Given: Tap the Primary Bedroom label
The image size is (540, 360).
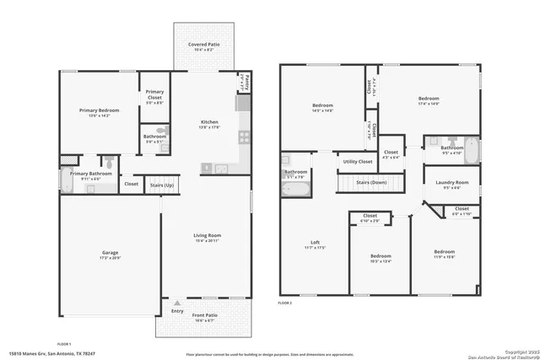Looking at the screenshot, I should [100, 110].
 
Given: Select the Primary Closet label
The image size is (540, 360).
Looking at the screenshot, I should [154, 94].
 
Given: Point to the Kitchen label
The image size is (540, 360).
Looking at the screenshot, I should [208, 122].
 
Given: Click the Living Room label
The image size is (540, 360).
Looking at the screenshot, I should [207, 235].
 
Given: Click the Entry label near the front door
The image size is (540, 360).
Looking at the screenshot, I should [177, 310].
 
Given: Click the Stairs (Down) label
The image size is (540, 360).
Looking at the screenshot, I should [371, 182].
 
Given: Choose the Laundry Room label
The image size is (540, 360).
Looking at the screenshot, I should [451, 182].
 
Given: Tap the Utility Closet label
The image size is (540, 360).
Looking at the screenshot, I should [358, 161].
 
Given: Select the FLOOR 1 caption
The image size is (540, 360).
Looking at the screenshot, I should [64, 344].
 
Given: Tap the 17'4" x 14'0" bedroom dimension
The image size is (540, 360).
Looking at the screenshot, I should [428, 103].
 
